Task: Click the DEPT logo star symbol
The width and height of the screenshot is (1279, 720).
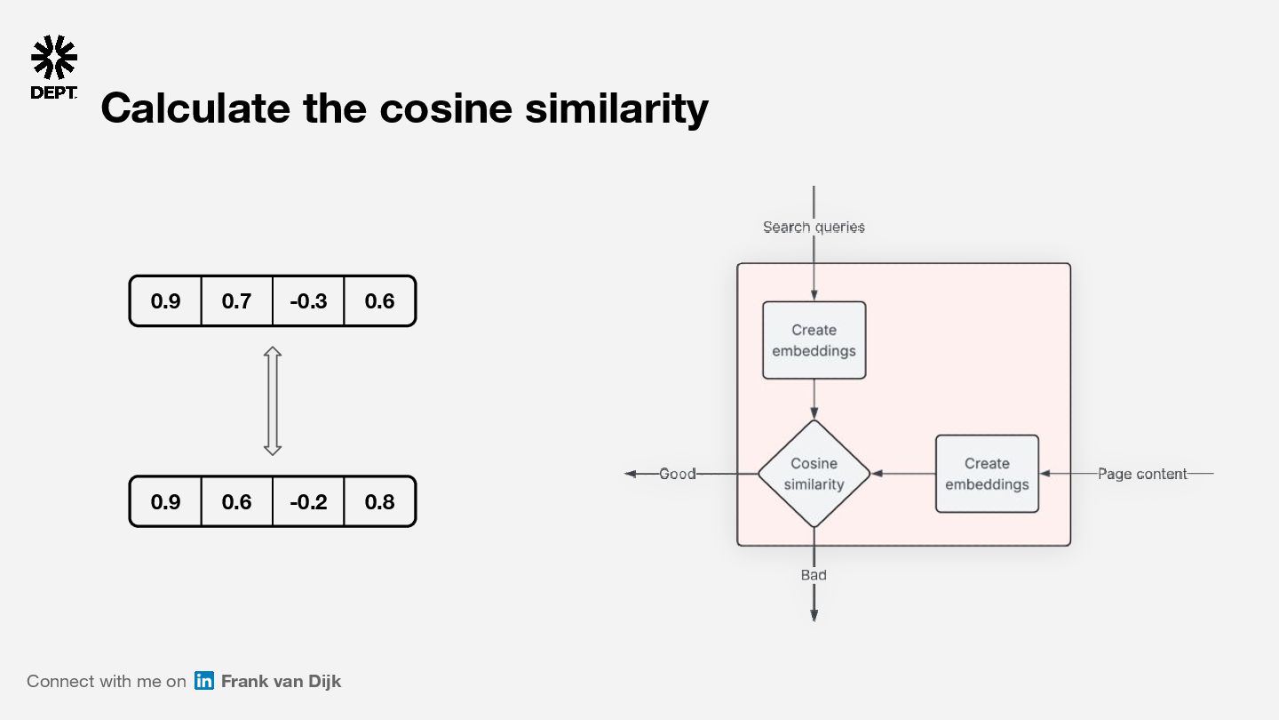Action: point(54,58)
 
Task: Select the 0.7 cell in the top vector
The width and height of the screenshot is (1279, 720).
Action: point(236,301)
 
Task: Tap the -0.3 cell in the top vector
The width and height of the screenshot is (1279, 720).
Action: point(308,301)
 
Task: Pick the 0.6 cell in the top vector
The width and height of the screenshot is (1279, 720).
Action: point(379,301)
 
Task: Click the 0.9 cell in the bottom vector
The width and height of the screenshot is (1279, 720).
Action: point(165,502)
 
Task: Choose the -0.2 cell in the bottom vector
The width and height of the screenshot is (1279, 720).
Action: point(308,502)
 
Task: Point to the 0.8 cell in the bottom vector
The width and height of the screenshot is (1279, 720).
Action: point(379,502)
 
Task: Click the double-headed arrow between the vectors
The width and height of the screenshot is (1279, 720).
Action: point(273,401)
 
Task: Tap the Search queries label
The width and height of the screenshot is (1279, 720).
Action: point(814,228)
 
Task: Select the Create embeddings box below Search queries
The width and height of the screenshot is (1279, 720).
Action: point(814,340)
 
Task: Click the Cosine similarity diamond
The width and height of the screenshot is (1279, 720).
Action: point(814,474)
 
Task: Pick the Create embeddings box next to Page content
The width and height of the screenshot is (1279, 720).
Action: point(987,474)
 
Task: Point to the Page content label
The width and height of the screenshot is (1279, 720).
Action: point(1142,474)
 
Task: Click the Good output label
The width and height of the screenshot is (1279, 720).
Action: point(677,474)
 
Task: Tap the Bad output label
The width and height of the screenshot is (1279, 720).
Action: point(814,575)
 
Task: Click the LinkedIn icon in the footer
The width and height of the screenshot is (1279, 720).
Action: point(204,681)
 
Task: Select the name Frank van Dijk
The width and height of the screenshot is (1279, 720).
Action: point(281,681)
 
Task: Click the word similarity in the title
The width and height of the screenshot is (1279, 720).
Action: point(616,108)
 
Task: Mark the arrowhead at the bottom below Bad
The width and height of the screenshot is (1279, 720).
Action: point(814,614)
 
